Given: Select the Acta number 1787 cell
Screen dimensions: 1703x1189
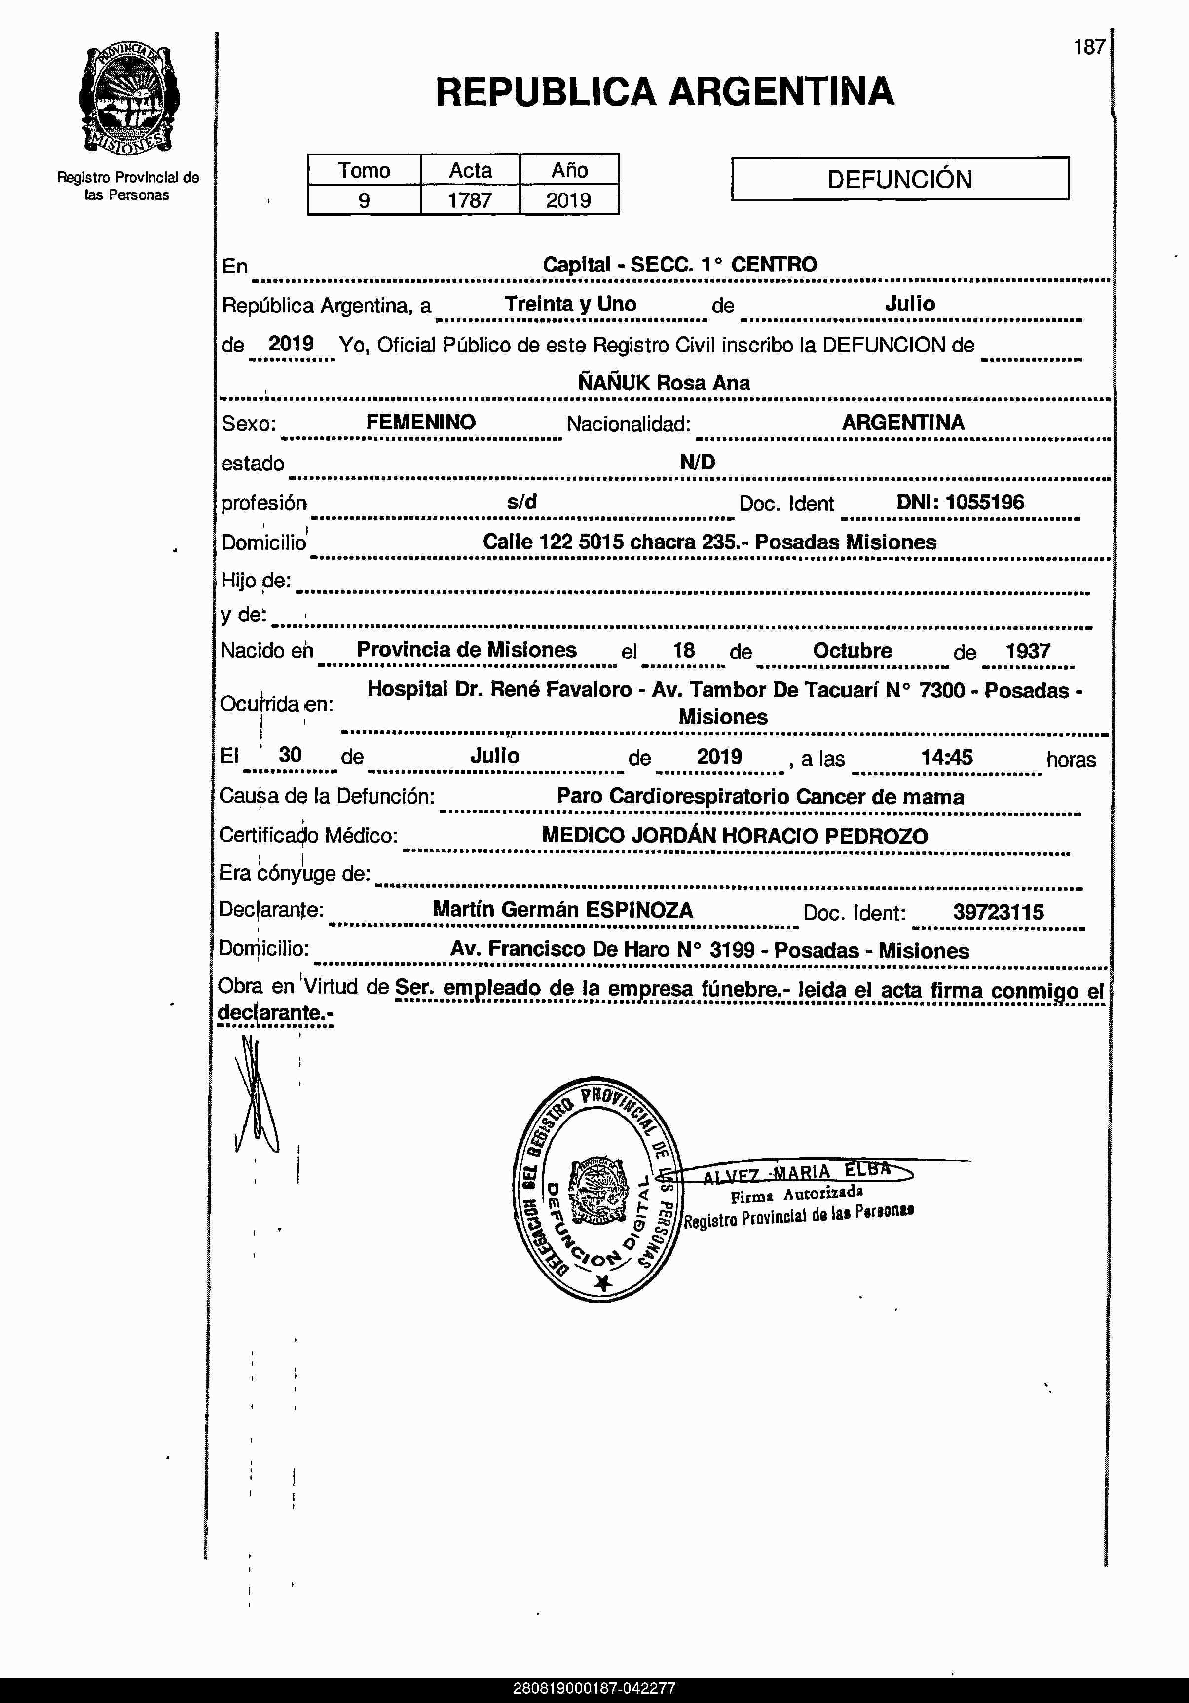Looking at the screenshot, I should point(470,200).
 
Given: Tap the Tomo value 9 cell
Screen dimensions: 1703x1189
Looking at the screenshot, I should point(364,200).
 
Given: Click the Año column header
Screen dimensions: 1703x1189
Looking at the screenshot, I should point(569,170).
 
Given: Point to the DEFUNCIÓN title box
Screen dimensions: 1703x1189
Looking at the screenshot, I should point(899,179).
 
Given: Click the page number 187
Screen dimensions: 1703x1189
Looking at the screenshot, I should point(1089,47).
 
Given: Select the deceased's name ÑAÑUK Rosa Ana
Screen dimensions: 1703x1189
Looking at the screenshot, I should point(664,383).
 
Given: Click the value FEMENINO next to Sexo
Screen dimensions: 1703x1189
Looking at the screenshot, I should point(420,422).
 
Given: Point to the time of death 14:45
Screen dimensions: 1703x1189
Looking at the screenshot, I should point(947,757).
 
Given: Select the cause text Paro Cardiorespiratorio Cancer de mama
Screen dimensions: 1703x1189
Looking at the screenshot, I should point(760,797).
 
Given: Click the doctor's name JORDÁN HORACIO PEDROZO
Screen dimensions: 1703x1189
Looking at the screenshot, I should point(779,836).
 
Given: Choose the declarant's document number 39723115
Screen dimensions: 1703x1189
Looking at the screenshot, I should point(998,912).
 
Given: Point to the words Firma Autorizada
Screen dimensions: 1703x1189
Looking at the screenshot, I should point(796,1194).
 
